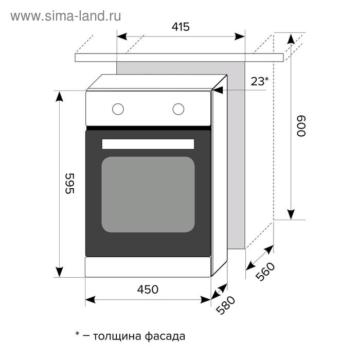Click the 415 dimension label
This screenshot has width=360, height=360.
click(181, 27)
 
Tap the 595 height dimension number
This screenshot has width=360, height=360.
click(69, 184)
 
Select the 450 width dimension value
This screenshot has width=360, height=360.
click(148, 289)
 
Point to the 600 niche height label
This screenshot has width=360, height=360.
click(301, 127)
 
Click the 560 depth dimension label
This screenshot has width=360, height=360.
click(265, 272)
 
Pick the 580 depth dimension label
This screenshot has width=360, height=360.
click(225, 305)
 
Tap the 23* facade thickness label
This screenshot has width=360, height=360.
click(259, 81)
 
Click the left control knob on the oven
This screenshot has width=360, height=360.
click(118, 109)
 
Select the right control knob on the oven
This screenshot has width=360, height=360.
click(178, 109)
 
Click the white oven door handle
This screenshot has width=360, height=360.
click(148, 144)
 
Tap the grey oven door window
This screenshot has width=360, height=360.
click(148, 194)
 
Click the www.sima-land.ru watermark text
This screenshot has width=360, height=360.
click(66, 16)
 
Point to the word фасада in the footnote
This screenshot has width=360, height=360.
click(165, 336)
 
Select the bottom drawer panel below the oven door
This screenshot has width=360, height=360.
click(148, 267)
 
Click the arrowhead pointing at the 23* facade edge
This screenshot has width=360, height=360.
click(218, 90)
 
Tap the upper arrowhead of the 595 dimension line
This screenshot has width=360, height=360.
click(60, 97)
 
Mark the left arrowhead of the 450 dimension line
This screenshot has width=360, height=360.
click(90, 300)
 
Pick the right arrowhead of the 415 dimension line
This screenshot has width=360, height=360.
click(240, 37)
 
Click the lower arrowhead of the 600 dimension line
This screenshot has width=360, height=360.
click(291, 214)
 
